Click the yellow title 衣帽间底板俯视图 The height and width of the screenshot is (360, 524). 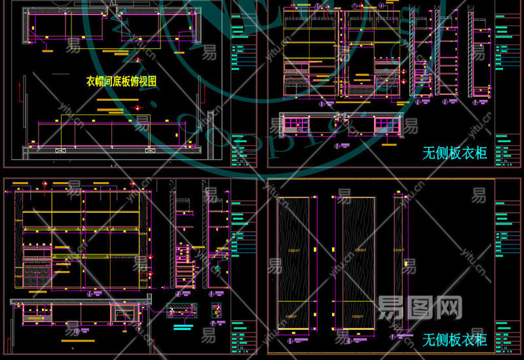pyautogui.click(x=122, y=81)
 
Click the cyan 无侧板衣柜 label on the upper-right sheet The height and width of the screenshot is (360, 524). pyautogui.click(x=455, y=153)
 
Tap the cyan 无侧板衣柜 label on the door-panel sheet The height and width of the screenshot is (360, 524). pyautogui.click(x=455, y=339)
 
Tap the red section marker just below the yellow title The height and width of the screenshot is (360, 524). pyautogui.click(x=136, y=107)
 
